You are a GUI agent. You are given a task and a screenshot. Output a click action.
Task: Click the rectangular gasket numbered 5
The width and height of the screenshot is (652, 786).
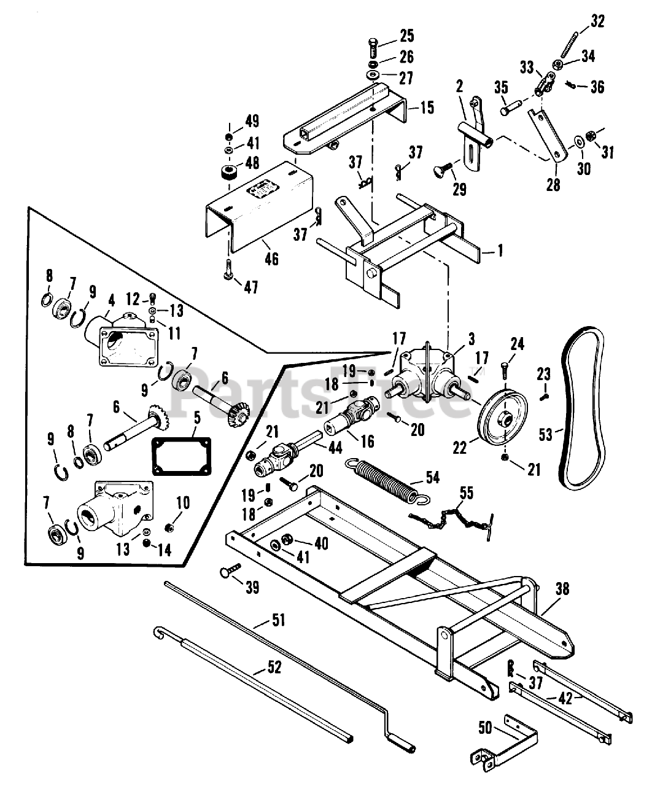(x=182, y=456)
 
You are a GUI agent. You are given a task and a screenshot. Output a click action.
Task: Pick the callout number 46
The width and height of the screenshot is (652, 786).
(x=271, y=259)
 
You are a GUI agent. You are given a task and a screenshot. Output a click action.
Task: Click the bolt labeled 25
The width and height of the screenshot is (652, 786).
(x=372, y=48)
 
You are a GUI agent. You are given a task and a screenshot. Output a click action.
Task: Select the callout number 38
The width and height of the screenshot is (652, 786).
(x=562, y=589)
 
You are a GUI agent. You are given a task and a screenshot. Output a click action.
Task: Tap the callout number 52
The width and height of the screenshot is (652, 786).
(x=274, y=667)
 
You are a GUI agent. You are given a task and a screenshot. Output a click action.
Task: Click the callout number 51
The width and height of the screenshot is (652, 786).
(x=278, y=620)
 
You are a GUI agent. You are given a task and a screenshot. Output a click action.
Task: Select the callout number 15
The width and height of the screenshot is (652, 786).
(x=427, y=107)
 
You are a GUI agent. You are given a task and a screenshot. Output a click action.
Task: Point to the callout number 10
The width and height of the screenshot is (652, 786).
(x=183, y=503)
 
